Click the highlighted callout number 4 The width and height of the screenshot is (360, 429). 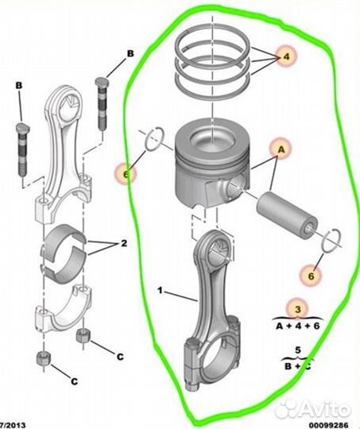pyautogui.click(x=286, y=57)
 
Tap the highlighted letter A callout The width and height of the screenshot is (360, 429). pyautogui.click(x=281, y=149)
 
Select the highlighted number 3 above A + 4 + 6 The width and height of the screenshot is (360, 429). pyautogui.click(x=298, y=310)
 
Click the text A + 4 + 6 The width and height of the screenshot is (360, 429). pyautogui.click(x=298, y=326)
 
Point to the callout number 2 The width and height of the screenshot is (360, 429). pyautogui.click(x=124, y=243)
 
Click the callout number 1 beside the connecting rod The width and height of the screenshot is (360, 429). pyautogui.click(x=161, y=291)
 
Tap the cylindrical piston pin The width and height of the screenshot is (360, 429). pyautogui.click(x=287, y=215)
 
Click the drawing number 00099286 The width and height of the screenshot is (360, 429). pyautogui.click(x=329, y=425)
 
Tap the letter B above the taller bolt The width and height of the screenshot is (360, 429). pyautogui.click(x=130, y=54)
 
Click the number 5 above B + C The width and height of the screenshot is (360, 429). pyautogui.click(x=297, y=350)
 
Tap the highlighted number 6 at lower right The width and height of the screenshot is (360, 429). pyautogui.click(x=311, y=276)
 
